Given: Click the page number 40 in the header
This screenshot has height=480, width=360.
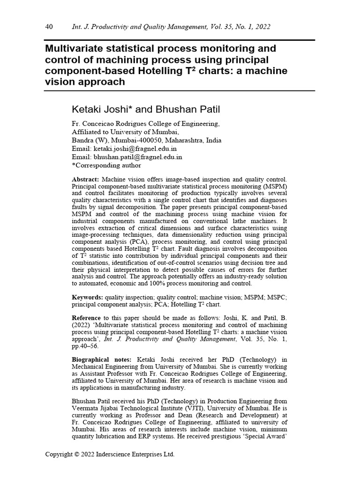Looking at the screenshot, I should pos(48,27).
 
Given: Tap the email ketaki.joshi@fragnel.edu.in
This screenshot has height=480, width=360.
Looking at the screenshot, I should pos(138,149).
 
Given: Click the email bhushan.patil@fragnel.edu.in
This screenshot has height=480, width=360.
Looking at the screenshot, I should pos(138,157).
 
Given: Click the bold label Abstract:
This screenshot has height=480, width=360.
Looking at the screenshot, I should pos(85,180).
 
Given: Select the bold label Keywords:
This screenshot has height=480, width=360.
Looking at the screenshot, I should pos(87,298).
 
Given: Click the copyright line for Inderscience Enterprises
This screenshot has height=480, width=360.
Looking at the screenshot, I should pos(109,454).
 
